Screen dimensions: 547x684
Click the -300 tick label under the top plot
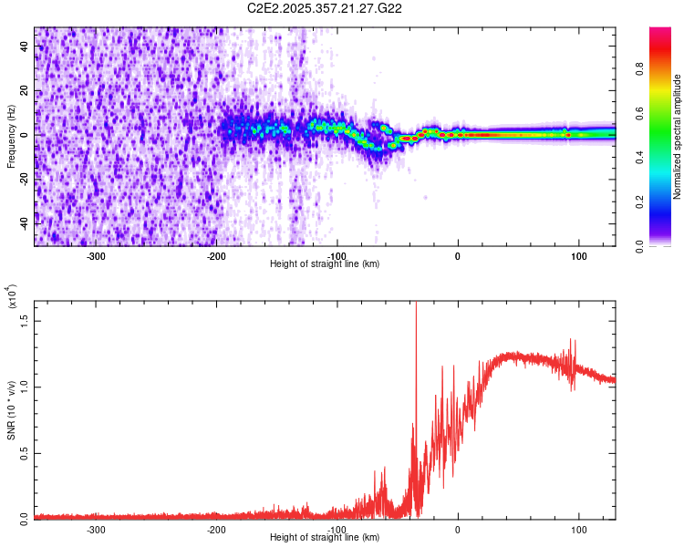(96, 255)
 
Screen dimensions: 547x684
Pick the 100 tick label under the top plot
(578, 255)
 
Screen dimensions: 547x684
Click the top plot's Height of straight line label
(325, 264)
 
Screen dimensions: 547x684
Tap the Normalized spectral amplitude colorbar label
(678, 137)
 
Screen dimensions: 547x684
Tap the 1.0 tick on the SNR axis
(25, 386)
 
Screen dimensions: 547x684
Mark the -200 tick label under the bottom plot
(216, 529)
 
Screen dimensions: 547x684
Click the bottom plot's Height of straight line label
(325, 538)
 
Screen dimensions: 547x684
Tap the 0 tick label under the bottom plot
(458, 529)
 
